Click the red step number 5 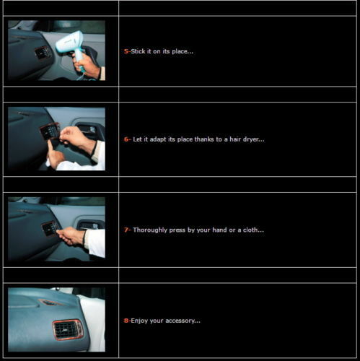[x=126, y=51]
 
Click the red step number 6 [x=126, y=139]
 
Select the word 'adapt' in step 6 [x=157, y=139]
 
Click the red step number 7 [x=126, y=230]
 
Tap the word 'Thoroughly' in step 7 [x=150, y=230]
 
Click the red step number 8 [x=126, y=321]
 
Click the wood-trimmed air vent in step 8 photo [x=68, y=330]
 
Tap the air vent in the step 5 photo [x=43, y=53]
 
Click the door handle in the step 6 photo [x=90, y=130]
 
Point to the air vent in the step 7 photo [x=51, y=228]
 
